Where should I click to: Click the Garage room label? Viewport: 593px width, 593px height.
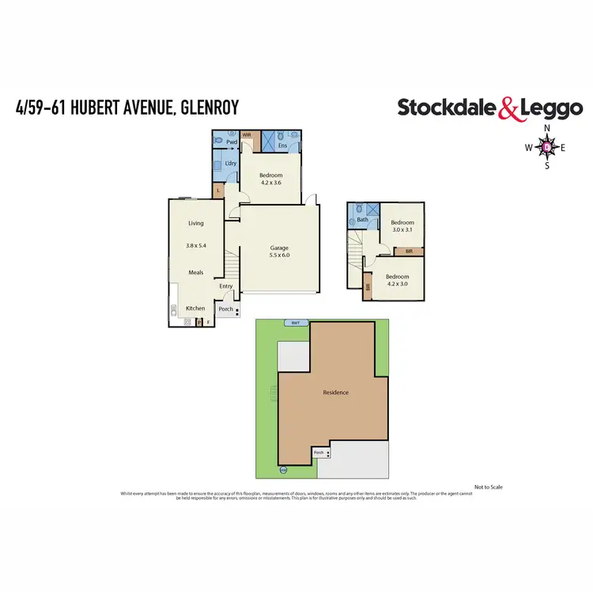(279, 248)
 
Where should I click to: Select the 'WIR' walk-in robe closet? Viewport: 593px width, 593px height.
(247, 135)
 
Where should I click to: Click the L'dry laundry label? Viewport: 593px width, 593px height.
(231, 163)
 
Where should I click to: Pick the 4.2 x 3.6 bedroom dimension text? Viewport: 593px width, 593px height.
(271, 183)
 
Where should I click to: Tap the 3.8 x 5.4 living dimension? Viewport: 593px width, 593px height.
(195, 246)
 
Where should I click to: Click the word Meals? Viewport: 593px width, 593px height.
(195, 273)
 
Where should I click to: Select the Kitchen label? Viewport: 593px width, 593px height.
(195, 308)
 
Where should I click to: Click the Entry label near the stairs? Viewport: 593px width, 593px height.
(226, 286)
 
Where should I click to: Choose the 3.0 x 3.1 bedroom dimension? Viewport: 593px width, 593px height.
(403, 230)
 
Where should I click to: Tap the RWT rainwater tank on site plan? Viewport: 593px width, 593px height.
(295, 323)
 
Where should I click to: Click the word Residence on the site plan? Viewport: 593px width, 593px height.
(335, 393)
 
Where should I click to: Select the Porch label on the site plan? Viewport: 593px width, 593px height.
(319, 453)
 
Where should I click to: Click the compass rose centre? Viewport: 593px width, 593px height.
(547, 146)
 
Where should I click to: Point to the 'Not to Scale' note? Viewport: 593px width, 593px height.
(488, 487)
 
